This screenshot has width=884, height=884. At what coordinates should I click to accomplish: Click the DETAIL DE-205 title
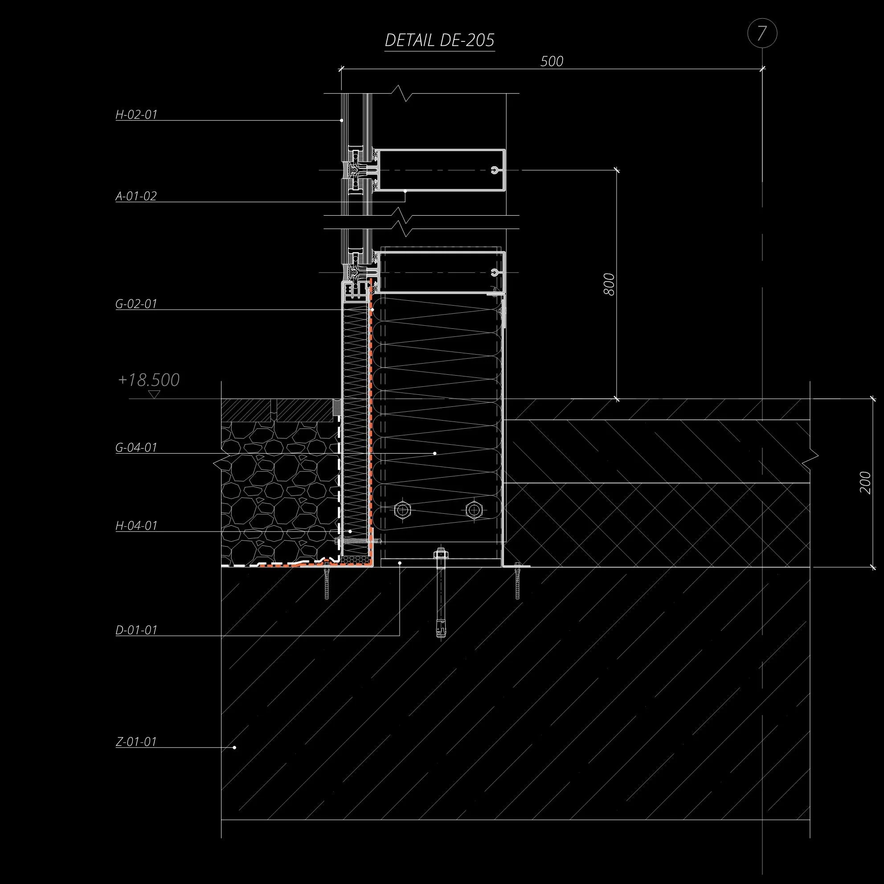(439, 41)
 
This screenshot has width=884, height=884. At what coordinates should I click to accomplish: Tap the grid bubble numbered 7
(762, 34)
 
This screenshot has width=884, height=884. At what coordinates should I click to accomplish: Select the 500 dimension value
(551, 61)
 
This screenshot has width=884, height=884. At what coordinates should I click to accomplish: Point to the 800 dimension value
(609, 284)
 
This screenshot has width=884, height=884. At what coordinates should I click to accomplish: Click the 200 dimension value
(865, 482)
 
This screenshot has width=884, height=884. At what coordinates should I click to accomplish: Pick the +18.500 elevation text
(149, 380)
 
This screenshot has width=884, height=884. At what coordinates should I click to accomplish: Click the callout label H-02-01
(136, 115)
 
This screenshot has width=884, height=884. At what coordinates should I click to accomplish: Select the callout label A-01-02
(136, 196)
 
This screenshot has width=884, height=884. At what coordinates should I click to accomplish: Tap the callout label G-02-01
(136, 304)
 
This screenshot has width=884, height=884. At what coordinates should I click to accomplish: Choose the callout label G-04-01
(136, 447)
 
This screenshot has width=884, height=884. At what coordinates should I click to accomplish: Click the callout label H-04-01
(136, 526)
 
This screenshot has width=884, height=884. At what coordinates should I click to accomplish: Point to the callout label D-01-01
(136, 630)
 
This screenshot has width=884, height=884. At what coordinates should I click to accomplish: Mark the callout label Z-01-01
(136, 742)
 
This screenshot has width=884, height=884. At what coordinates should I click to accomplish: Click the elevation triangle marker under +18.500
(155, 393)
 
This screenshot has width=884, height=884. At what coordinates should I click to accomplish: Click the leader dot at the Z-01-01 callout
(235, 748)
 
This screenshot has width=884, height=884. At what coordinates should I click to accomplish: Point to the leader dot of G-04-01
(435, 454)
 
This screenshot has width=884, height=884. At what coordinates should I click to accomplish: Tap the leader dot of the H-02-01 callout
(342, 120)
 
